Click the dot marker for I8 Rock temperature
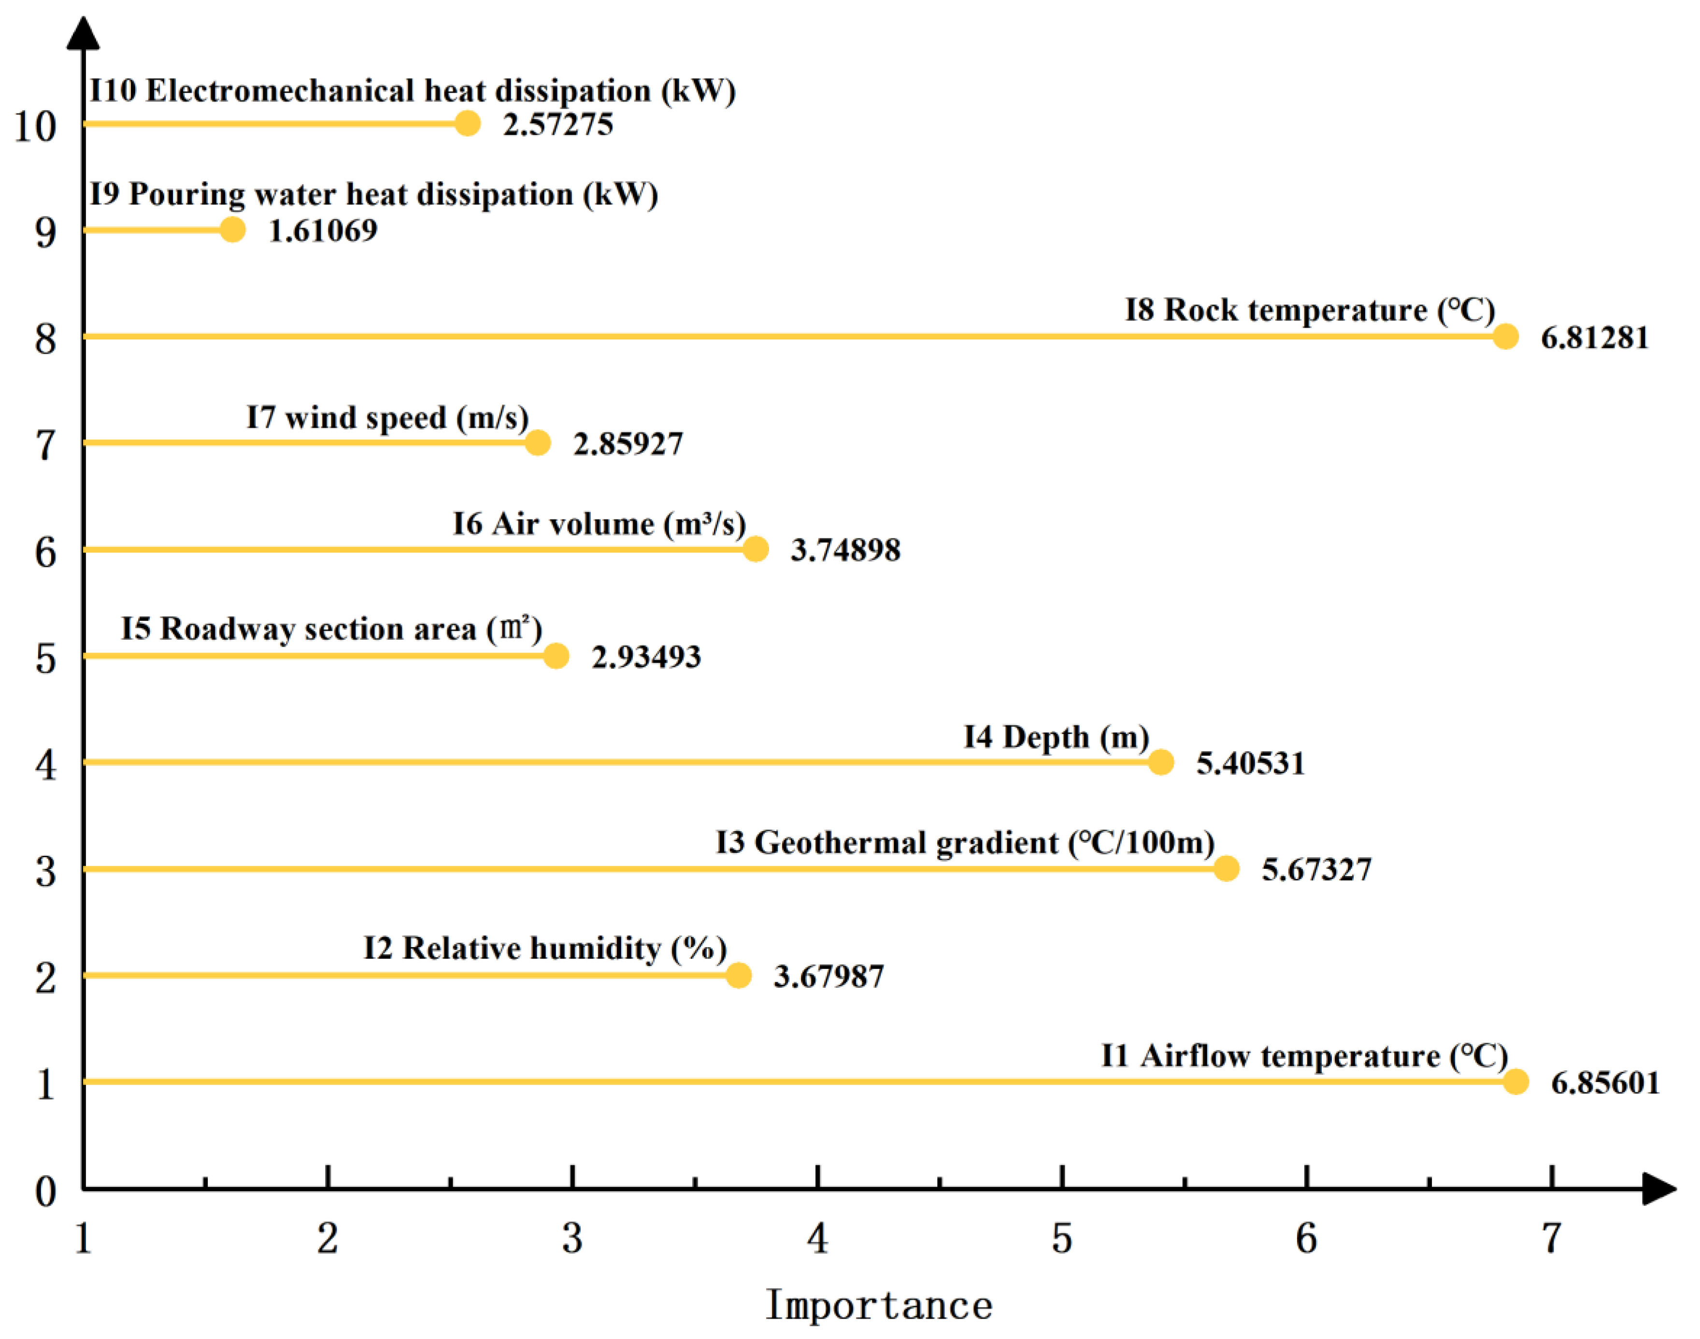(1505, 336)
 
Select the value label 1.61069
(323, 230)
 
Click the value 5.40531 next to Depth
(1250, 763)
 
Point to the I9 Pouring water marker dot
(232, 230)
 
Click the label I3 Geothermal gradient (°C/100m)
(965, 843)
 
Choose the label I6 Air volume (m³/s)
(599, 524)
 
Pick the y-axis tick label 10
(35, 126)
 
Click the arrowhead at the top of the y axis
(83, 33)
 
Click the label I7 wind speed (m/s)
(387, 418)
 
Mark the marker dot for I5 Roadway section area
(556, 655)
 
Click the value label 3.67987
(829, 976)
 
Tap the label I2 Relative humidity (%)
(545, 949)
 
